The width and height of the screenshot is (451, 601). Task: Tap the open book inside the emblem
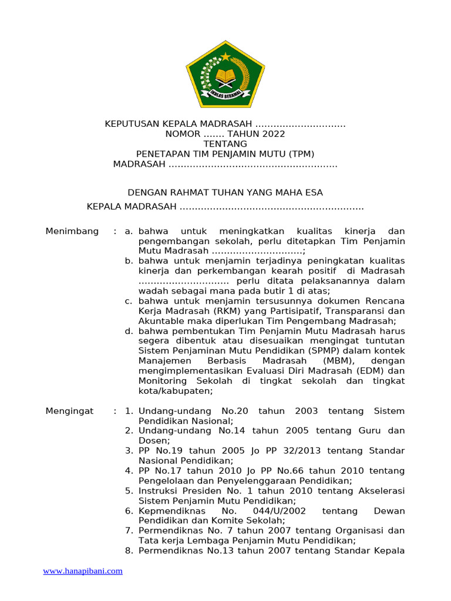tap(225, 76)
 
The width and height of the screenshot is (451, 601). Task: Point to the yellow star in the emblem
tap(225, 57)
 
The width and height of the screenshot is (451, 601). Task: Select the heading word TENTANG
tap(225, 144)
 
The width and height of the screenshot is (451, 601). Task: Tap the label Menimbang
tap(72, 231)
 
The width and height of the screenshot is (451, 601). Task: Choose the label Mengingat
tap(69, 411)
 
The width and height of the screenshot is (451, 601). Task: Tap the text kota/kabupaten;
tap(176, 391)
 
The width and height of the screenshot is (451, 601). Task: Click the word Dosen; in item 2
tap(154, 441)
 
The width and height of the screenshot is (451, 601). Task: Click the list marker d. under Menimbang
tap(129, 331)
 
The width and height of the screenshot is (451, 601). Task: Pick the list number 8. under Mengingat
tap(129, 551)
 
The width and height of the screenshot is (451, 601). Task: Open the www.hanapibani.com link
tap(83, 570)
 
